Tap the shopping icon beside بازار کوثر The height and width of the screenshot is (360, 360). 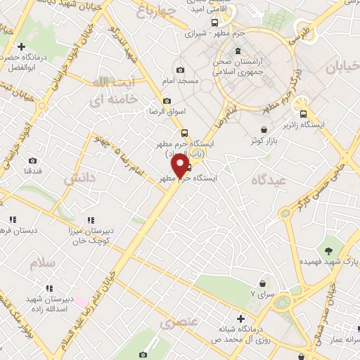tap(264, 129)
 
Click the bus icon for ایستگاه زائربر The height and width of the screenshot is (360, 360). tap(303, 114)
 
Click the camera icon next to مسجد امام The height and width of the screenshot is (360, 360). tap(181, 70)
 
